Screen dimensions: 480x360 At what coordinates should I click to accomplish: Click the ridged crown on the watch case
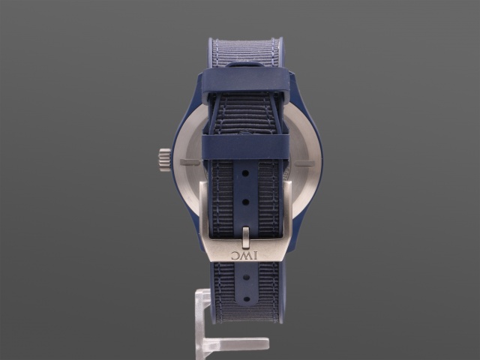pos(165,160)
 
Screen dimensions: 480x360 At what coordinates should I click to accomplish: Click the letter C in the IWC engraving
pos(235,255)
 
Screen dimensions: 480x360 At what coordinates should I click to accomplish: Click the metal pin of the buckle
pos(245,237)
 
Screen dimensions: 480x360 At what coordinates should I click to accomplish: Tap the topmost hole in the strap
pos(245,173)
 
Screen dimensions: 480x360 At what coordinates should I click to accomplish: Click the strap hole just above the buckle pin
pos(245,202)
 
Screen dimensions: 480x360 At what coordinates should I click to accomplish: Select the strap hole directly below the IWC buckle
pos(246,277)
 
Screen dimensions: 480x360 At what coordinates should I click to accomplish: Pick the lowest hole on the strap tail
pos(246,298)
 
